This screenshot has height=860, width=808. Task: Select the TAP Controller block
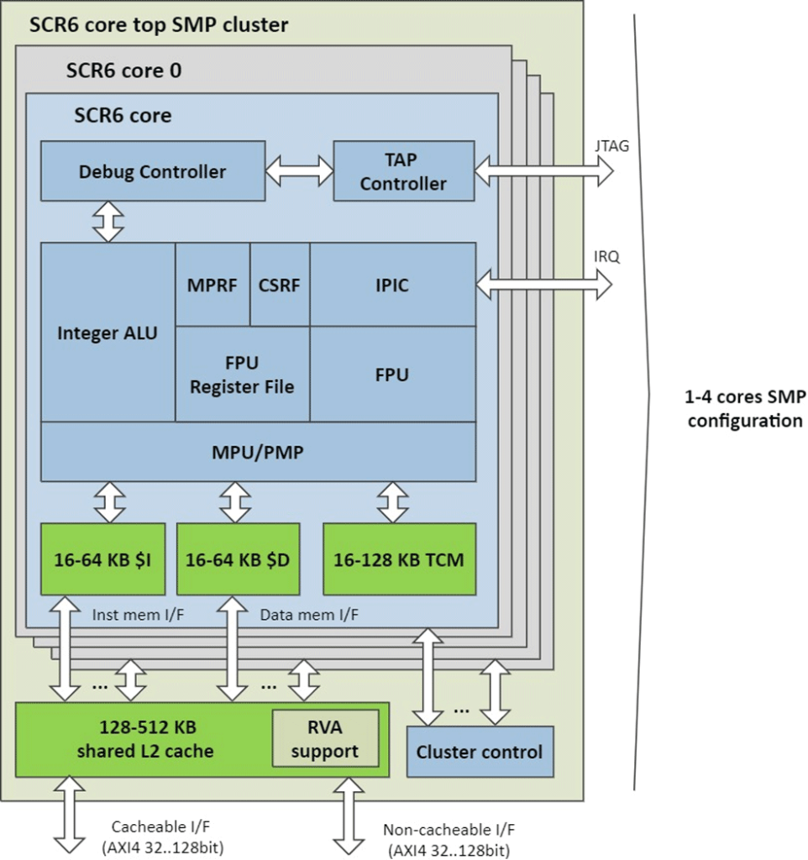click(403, 171)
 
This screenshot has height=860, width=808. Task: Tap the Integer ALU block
click(107, 333)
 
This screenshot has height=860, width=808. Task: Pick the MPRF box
click(212, 284)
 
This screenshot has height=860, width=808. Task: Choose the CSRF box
click(280, 284)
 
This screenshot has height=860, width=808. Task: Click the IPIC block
click(392, 284)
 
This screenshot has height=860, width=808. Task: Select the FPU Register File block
click(242, 375)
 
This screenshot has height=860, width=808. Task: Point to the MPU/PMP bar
click(258, 452)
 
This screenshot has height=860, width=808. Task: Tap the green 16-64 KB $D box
click(238, 558)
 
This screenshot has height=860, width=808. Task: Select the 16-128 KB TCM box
click(399, 558)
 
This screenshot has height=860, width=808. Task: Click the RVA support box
click(324, 738)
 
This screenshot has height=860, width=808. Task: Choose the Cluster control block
click(479, 752)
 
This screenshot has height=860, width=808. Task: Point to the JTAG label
click(610, 145)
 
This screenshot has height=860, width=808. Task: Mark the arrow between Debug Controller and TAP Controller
click(299, 171)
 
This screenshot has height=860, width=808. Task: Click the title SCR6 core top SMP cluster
click(159, 24)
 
